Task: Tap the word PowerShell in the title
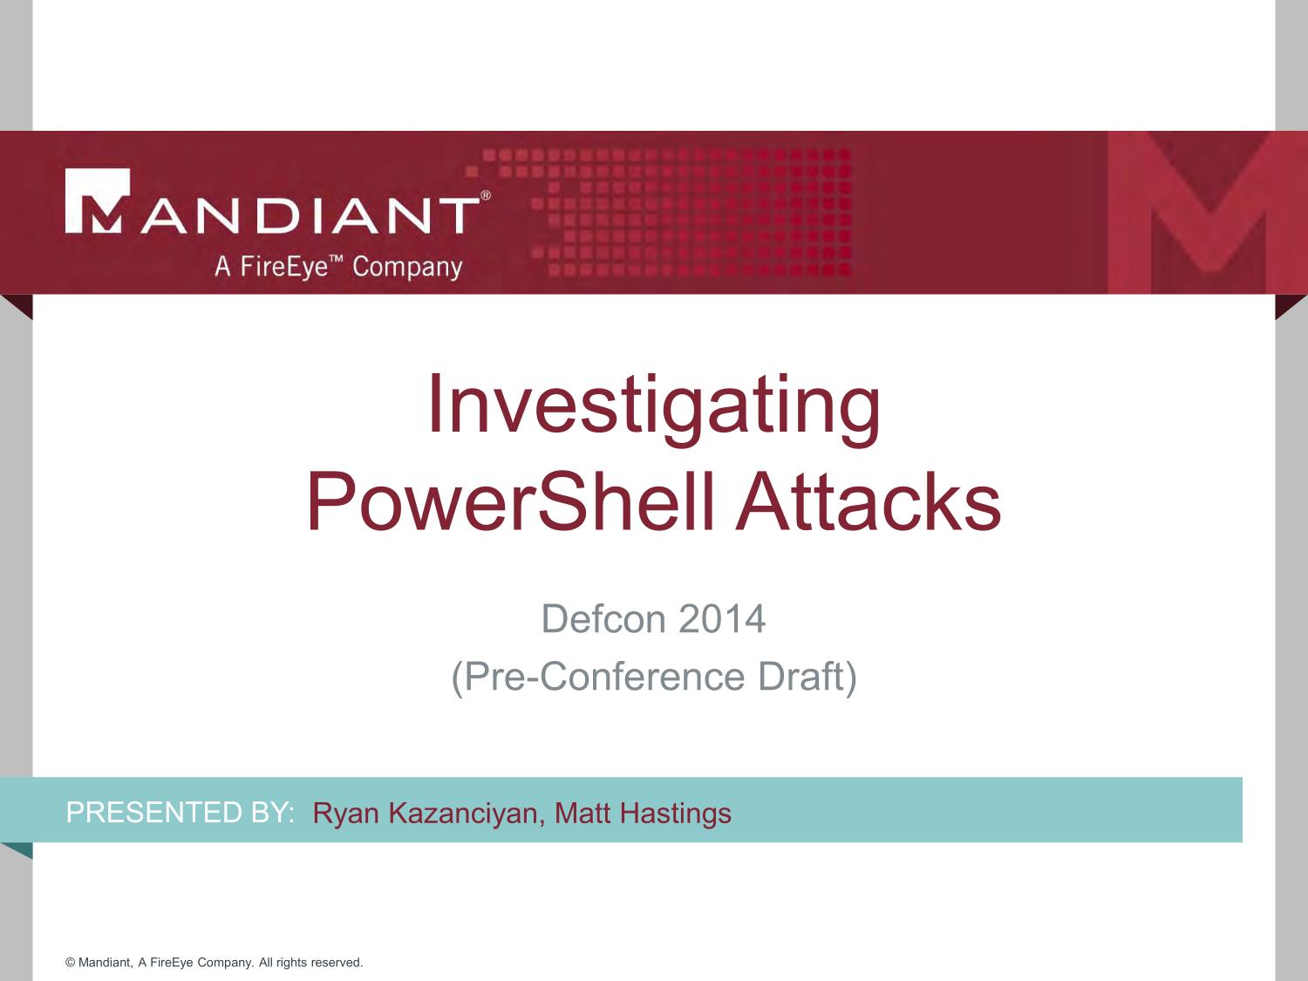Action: [x=510, y=501]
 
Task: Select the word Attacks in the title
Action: [x=869, y=501]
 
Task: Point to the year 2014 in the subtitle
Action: [x=722, y=619]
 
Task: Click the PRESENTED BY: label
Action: [x=180, y=813]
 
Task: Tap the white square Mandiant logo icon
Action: [x=97, y=201]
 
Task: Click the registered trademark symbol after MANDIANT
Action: [x=486, y=195]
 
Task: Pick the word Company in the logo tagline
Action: [x=407, y=268]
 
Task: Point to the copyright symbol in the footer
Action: [x=71, y=963]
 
